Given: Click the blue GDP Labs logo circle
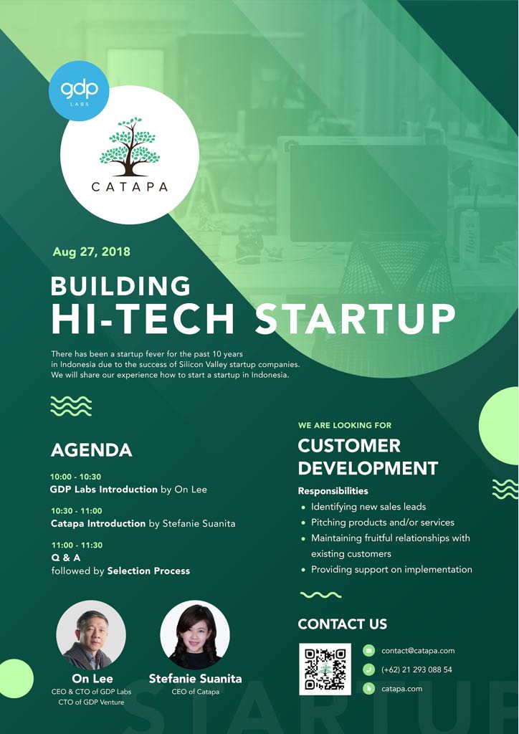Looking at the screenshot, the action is tap(79, 91).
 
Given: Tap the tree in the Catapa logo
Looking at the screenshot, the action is tap(129, 146).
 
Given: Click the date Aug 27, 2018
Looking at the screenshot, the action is tap(92, 252).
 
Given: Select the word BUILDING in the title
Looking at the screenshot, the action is tap(120, 286).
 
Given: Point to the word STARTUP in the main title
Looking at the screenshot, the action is tap(355, 319).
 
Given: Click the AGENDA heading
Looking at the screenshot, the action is tap(92, 450).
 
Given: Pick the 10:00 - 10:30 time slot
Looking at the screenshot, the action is tap(76, 477).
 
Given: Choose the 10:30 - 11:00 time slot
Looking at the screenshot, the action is tap(76, 510).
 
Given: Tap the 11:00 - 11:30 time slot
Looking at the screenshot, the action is tap(77, 545).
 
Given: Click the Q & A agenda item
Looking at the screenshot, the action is tap(65, 558).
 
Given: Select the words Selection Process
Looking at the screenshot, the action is tap(149, 571).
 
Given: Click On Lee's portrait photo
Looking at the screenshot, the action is tap(91, 635).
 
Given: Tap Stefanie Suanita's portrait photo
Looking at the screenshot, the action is tap(195, 635).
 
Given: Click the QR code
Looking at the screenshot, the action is tap(325, 669).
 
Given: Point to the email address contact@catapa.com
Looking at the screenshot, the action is tap(418, 651).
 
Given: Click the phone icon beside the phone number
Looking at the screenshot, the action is tap(368, 669).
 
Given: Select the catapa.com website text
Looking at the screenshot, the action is tap(401, 689).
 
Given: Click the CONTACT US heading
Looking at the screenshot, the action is tap(343, 624).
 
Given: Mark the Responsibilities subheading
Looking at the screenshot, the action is tap(333, 491).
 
